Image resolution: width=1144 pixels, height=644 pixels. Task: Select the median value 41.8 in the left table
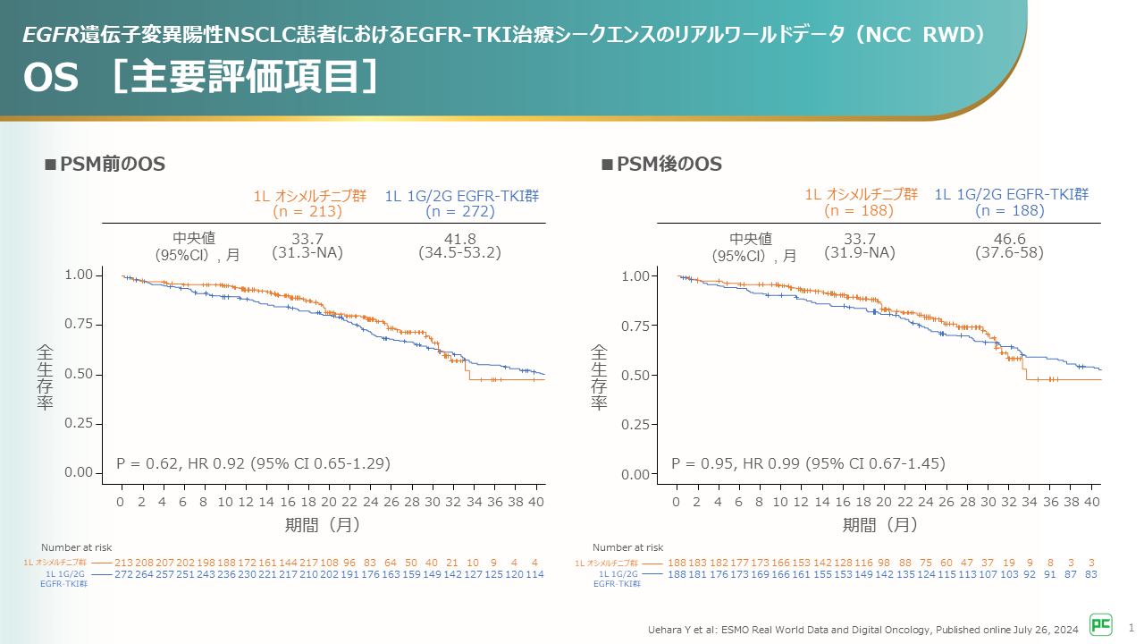click(x=459, y=238)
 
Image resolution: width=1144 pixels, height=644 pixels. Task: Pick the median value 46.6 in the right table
click(x=1009, y=239)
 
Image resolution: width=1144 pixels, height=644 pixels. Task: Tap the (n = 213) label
click(x=307, y=212)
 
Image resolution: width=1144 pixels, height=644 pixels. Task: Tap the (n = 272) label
click(x=459, y=212)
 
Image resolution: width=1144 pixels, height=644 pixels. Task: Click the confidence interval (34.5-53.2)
click(x=459, y=253)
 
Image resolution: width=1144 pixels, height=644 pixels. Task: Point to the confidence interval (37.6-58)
click(x=1009, y=254)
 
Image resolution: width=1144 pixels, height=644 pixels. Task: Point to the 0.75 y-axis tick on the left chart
click(x=79, y=325)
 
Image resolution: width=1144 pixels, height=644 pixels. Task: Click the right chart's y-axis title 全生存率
click(x=598, y=377)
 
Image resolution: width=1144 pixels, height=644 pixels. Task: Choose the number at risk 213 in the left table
click(x=124, y=562)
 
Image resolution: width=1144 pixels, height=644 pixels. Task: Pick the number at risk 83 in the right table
click(x=1091, y=574)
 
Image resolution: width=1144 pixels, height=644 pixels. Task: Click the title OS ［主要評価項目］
click(x=202, y=77)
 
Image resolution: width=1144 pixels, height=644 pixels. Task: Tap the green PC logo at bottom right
click(x=1100, y=624)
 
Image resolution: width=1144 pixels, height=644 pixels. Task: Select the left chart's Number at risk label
click(x=76, y=547)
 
